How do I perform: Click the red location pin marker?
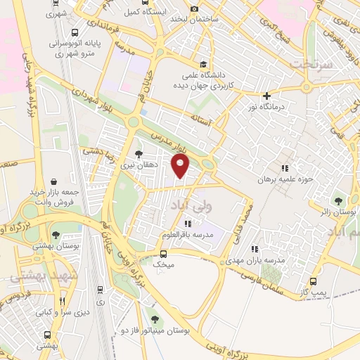pos(181,167)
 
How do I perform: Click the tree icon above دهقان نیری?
pos(139,153)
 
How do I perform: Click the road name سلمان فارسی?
pos(275,273)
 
